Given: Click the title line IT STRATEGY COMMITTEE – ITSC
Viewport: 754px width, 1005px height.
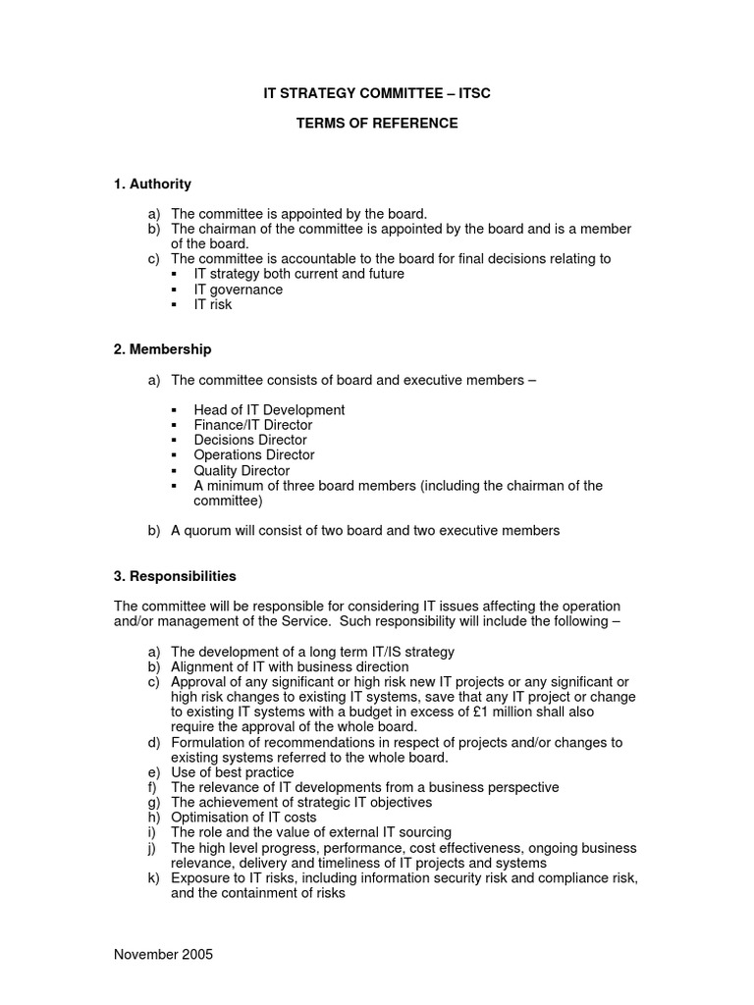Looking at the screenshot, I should tap(376, 94).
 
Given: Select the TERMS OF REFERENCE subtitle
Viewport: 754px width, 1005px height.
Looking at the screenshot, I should tap(377, 124).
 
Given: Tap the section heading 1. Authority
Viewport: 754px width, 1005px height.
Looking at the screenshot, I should tap(152, 184).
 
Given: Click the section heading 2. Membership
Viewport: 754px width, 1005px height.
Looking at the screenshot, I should tap(162, 349).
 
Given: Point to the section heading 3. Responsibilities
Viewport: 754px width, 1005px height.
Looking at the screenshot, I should tap(175, 576).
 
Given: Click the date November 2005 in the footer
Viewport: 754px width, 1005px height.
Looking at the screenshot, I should tap(163, 954).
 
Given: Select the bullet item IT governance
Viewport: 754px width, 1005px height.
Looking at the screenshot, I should tap(238, 290).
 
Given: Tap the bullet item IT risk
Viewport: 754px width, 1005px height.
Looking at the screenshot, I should tap(213, 304).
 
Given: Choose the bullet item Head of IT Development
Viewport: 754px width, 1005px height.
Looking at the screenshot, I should tap(269, 409).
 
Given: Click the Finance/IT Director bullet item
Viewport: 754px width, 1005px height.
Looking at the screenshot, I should tap(253, 425).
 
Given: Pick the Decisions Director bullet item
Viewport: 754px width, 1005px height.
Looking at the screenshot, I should tap(250, 440).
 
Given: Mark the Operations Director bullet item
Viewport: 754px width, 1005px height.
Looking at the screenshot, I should tap(254, 455).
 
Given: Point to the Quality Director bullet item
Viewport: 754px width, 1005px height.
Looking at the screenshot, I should tap(242, 471).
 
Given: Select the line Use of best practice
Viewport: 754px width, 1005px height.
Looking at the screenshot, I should tap(232, 772).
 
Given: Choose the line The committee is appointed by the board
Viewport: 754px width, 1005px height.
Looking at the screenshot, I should tap(299, 213).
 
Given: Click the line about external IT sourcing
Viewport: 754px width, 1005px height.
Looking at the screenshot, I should tap(311, 832).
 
